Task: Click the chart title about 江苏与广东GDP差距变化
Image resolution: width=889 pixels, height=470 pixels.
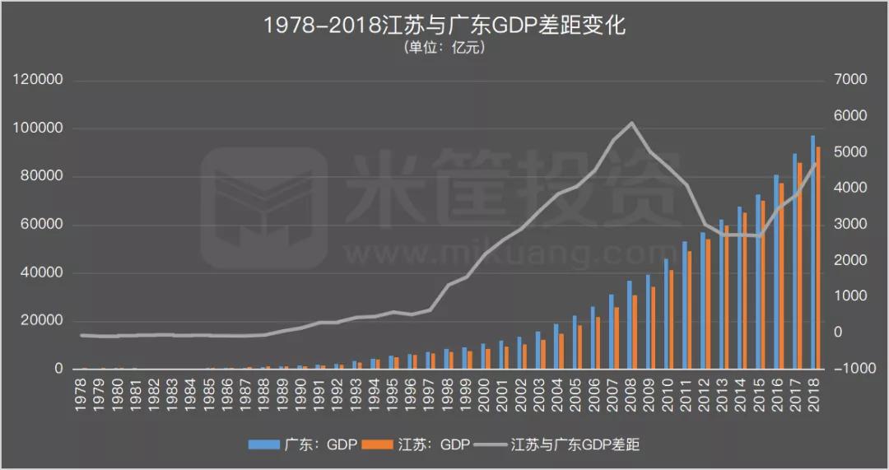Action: (x=444, y=26)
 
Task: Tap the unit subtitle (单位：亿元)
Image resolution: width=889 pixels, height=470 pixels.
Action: (x=444, y=48)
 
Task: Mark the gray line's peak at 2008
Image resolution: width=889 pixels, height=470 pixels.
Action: (x=631, y=123)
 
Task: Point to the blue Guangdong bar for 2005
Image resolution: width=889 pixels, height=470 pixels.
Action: (x=575, y=342)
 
